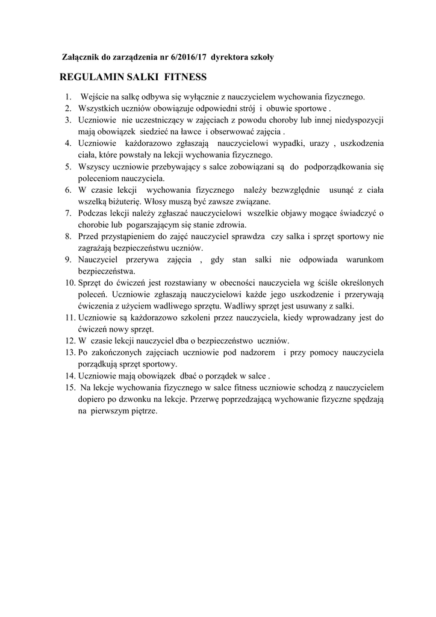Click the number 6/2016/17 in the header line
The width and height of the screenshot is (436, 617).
pyautogui.click(x=185, y=57)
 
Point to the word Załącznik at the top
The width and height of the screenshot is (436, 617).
pyautogui.click(x=83, y=57)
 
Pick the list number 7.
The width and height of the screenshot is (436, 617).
pyautogui.click(x=68, y=213)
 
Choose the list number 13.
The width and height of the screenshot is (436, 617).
pyautogui.click(x=67, y=352)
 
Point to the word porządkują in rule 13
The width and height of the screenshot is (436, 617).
pyautogui.click(x=99, y=364)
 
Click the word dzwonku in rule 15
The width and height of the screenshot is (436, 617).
pyautogui.click(x=142, y=399)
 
